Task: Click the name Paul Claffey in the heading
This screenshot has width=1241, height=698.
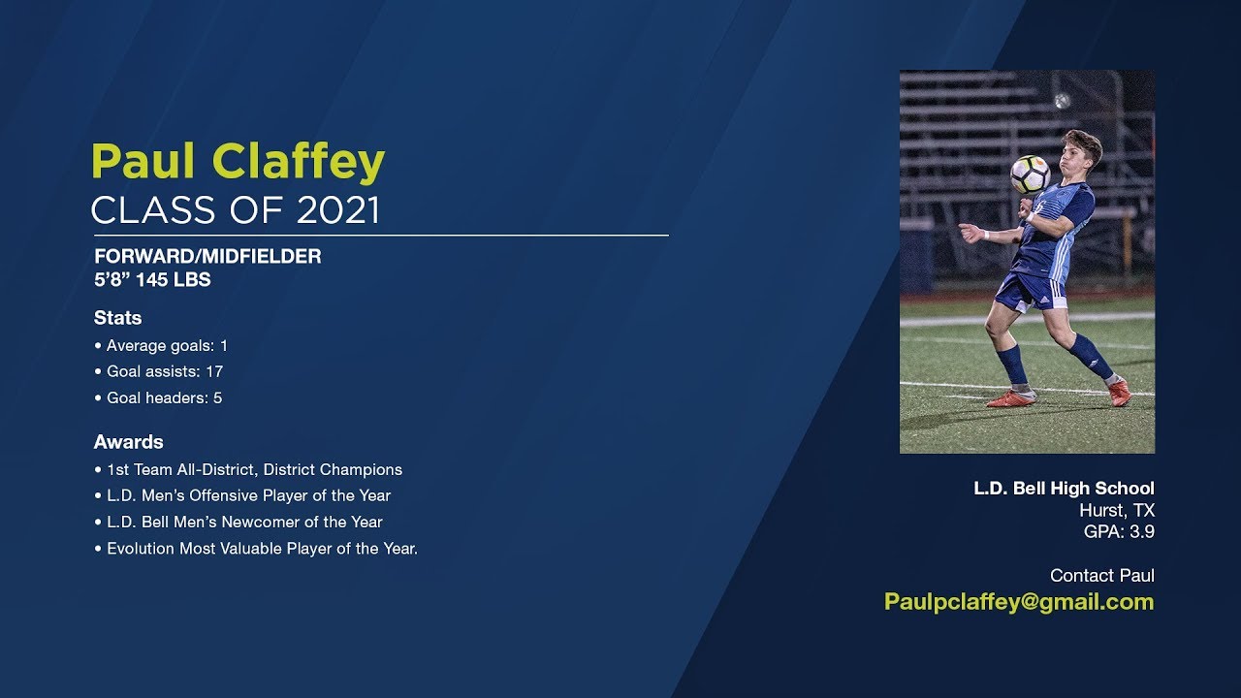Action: (x=238, y=162)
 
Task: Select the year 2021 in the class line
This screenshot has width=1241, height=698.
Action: (x=338, y=210)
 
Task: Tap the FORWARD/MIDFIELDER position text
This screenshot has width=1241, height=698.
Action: (x=207, y=257)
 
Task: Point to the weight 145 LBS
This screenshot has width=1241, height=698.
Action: (x=174, y=280)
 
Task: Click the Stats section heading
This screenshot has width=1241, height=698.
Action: (x=117, y=318)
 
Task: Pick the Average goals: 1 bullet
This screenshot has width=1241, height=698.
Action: (x=161, y=346)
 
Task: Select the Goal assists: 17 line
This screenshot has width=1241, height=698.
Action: (x=159, y=371)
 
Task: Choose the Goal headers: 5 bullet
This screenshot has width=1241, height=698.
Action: (x=158, y=397)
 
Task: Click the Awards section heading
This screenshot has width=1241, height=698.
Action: (x=129, y=442)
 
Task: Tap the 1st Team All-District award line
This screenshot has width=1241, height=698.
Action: (x=248, y=470)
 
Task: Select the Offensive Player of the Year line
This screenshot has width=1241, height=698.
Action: (x=242, y=495)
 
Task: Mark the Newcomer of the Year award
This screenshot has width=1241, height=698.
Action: (x=239, y=522)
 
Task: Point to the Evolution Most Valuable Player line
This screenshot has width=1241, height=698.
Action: (x=256, y=549)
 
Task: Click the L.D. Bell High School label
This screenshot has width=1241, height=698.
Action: (x=1065, y=488)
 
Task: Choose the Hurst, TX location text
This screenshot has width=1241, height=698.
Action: (x=1117, y=510)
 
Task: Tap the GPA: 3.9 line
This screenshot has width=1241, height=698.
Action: (x=1119, y=532)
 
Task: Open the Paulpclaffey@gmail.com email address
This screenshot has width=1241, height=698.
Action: (x=1019, y=602)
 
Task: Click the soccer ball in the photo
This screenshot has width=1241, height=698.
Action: (x=1030, y=174)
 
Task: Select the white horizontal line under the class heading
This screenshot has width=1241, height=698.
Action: (x=381, y=236)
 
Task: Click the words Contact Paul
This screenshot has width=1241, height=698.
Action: (x=1102, y=576)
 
